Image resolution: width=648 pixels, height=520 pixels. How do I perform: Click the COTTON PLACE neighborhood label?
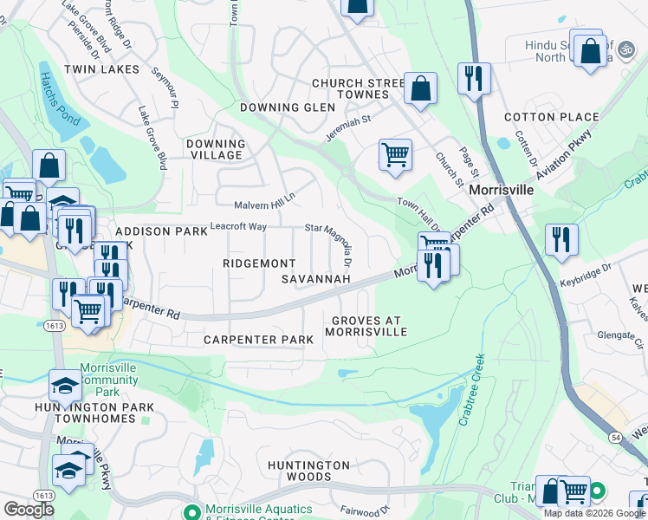[x=552, y=117]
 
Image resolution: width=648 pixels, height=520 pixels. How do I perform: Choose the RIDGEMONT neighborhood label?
[x=259, y=263]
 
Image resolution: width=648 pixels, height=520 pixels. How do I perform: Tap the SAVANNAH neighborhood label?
[x=316, y=279]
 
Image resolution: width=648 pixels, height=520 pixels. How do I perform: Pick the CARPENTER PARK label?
[x=258, y=340]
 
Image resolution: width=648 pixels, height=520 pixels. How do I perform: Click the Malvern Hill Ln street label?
[x=265, y=201]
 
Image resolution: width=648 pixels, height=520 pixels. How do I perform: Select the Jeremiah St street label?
[x=348, y=128]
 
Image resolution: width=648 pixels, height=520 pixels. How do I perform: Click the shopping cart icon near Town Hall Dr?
[x=395, y=155]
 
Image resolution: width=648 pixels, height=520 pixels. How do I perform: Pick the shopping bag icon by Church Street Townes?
[x=420, y=88]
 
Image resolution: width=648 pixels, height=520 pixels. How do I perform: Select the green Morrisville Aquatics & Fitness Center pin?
[x=192, y=511]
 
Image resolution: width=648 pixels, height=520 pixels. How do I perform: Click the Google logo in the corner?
[x=29, y=510]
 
